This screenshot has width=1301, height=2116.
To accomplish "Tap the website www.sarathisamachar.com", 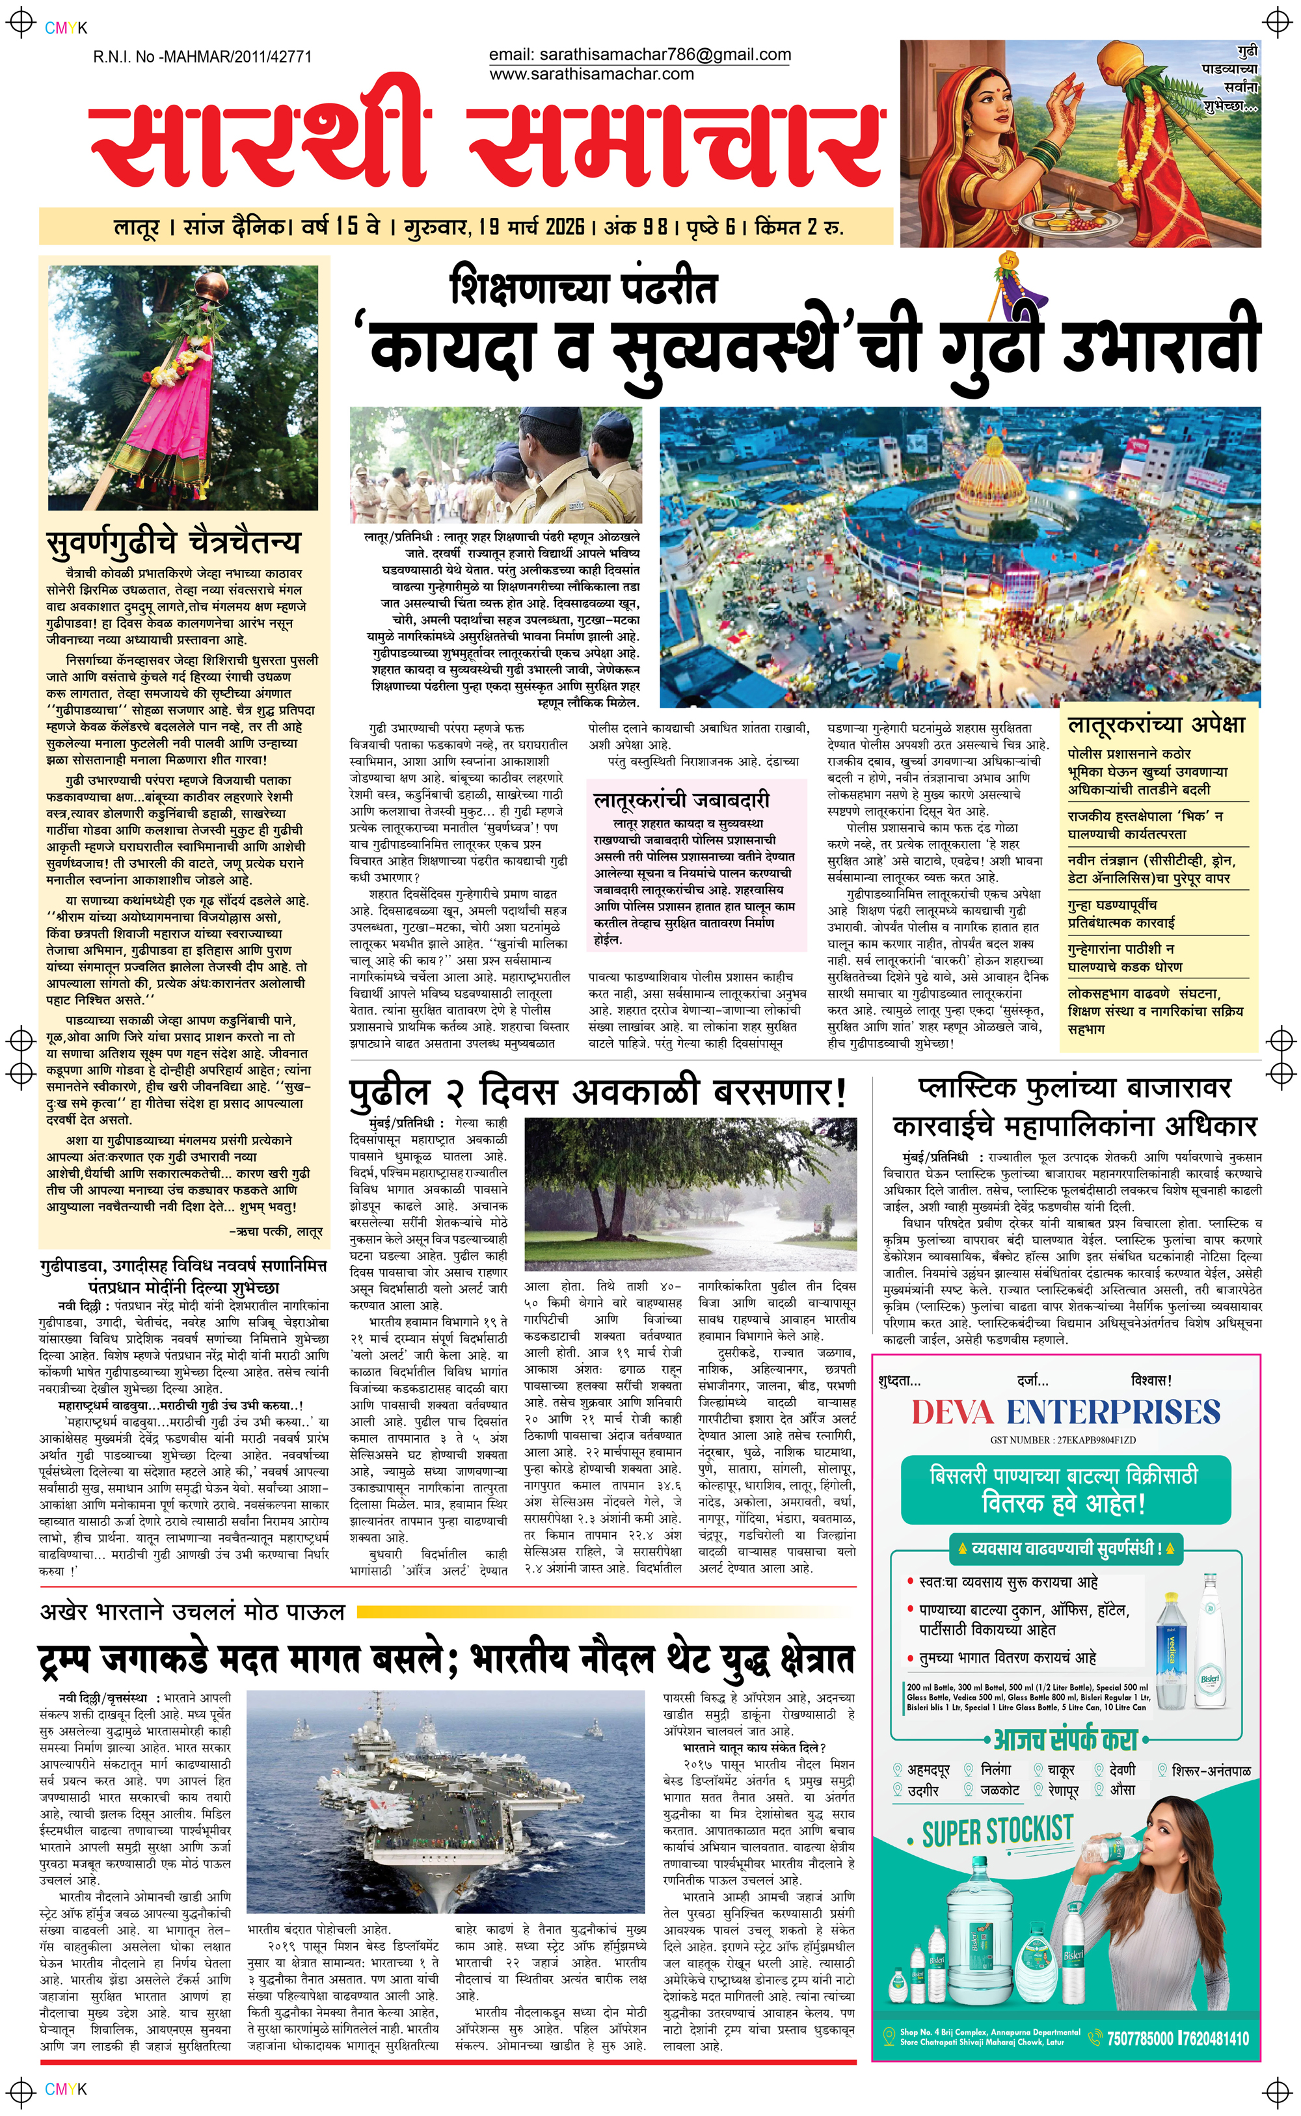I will coord(591,74).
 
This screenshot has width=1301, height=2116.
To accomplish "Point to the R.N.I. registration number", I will coord(202,57).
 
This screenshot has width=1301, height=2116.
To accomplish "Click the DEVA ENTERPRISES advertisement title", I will coord(1066,1412).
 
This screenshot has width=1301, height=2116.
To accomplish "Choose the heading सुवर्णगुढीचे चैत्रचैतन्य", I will coord(173,542).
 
